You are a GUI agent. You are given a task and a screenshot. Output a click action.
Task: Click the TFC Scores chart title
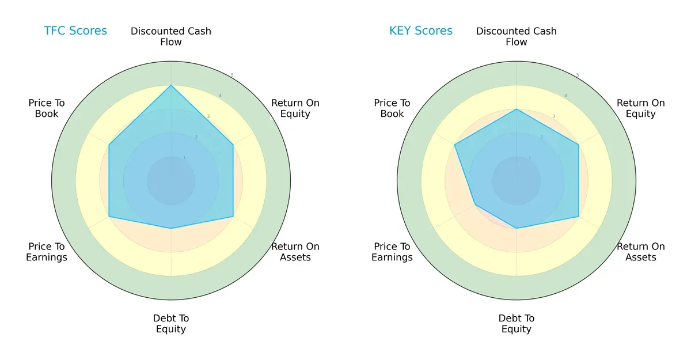click(75, 31)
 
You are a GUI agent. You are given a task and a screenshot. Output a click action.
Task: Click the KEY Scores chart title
click(421, 31)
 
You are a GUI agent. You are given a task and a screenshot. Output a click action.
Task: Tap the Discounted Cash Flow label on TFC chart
click(171, 36)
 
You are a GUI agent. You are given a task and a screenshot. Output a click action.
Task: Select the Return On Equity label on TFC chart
click(295, 108)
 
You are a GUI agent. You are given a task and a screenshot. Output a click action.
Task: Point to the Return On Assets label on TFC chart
click(295, 252)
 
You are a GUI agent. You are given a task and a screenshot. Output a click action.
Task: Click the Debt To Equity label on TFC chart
click(171, 324)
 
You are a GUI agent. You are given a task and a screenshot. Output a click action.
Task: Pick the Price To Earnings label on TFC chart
click(47, 252)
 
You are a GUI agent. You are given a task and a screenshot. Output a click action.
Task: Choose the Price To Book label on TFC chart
click(47, 108)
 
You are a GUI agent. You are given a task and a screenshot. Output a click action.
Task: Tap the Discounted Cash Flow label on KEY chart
click(517, 36)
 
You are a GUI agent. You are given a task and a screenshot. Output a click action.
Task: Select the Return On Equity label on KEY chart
click(641, 108)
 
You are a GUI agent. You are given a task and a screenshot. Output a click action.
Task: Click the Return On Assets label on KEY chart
click(641, 252)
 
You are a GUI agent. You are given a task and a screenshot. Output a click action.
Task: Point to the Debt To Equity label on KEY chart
click(517, 324)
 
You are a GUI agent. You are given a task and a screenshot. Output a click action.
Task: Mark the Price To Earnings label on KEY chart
click(392, 252)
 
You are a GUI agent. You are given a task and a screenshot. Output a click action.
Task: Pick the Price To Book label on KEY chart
click(392, 108)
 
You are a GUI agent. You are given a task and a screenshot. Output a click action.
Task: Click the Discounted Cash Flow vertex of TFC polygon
click(171, 86)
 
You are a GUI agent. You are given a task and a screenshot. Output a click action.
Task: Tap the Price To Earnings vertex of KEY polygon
click(475, 205)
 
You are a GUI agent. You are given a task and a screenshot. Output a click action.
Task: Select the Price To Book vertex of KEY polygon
click(455, 145)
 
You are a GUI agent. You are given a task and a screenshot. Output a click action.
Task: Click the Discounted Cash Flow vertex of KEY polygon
click(517, 109)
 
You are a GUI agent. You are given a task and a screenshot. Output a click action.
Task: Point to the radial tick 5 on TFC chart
click(232, 75)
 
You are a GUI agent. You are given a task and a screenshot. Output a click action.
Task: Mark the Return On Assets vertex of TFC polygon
click(233, 217)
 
